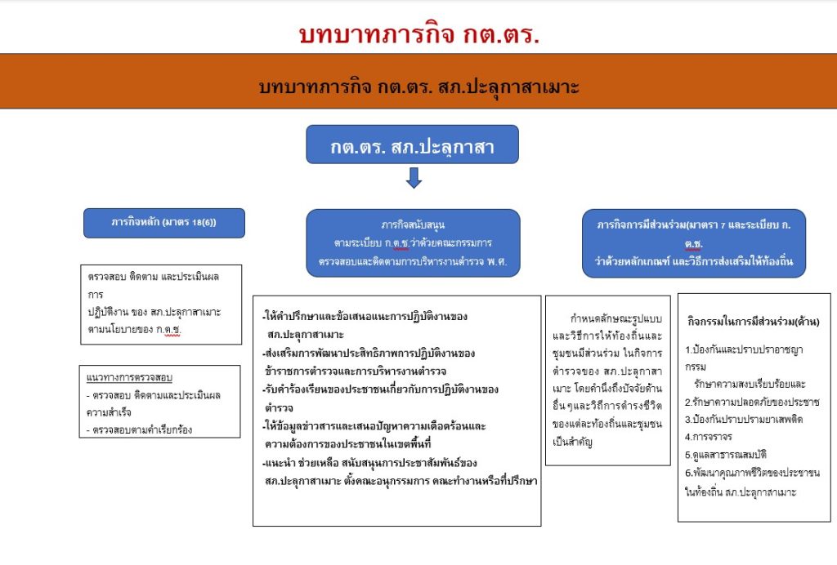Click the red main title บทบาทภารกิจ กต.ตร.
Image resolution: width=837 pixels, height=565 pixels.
tap(419, 34)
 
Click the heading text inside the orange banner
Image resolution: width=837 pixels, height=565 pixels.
tap(419, 87)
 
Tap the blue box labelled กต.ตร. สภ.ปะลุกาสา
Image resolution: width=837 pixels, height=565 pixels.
tap(412, 145)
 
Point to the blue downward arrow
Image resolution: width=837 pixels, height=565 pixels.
tap(414, 178)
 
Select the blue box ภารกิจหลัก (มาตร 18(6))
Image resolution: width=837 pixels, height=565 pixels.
tap(163, 223)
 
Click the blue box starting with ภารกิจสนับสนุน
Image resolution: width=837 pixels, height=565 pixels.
tap(413, 243)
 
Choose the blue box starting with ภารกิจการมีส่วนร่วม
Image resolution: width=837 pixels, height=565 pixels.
tap(693, 243)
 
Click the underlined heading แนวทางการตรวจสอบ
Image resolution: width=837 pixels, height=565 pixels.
tap(129, 377)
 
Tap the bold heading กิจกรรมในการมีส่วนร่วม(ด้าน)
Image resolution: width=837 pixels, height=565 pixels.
tap(753, 322)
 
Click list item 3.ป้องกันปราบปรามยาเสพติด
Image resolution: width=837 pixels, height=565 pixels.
tap(744, 419)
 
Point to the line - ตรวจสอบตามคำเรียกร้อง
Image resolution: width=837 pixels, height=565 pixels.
tap(139, 429)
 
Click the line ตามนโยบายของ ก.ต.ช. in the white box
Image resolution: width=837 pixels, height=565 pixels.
tap(135, 329)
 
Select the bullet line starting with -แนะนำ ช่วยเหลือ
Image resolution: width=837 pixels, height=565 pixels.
tap(369, 463)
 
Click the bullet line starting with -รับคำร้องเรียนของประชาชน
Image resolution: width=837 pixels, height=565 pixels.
tap(380, 389)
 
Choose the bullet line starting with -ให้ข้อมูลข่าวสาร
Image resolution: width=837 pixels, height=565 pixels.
tap(374, 426)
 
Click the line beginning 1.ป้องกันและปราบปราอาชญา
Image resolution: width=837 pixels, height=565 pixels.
tap(744, 349)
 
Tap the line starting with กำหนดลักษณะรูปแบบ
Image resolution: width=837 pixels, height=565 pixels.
tap(616, 318)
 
